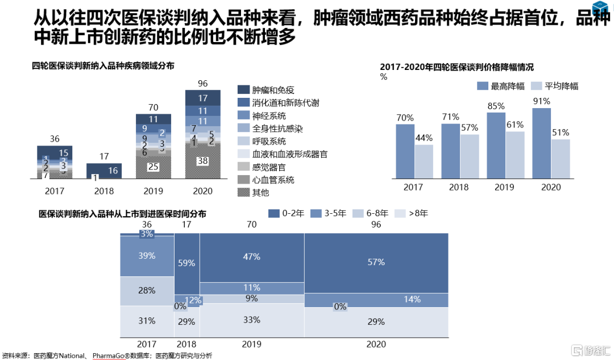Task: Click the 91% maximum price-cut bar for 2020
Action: [x=542, y=143]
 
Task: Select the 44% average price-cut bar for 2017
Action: [x=424, y=162]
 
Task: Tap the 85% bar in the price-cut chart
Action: [x=496, y=146]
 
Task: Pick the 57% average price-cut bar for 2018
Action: [x=469, y=156]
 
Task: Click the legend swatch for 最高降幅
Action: [x=483, y=86]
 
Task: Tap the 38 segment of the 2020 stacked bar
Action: [x=203, y=161]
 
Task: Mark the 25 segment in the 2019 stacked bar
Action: [x=153, y=167]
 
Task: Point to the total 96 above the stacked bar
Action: [x=202, y=84]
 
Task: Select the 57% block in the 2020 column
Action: [x=376, y=262]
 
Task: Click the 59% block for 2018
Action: [x=186, y=263]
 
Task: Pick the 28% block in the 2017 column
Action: [x=147, y=291]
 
